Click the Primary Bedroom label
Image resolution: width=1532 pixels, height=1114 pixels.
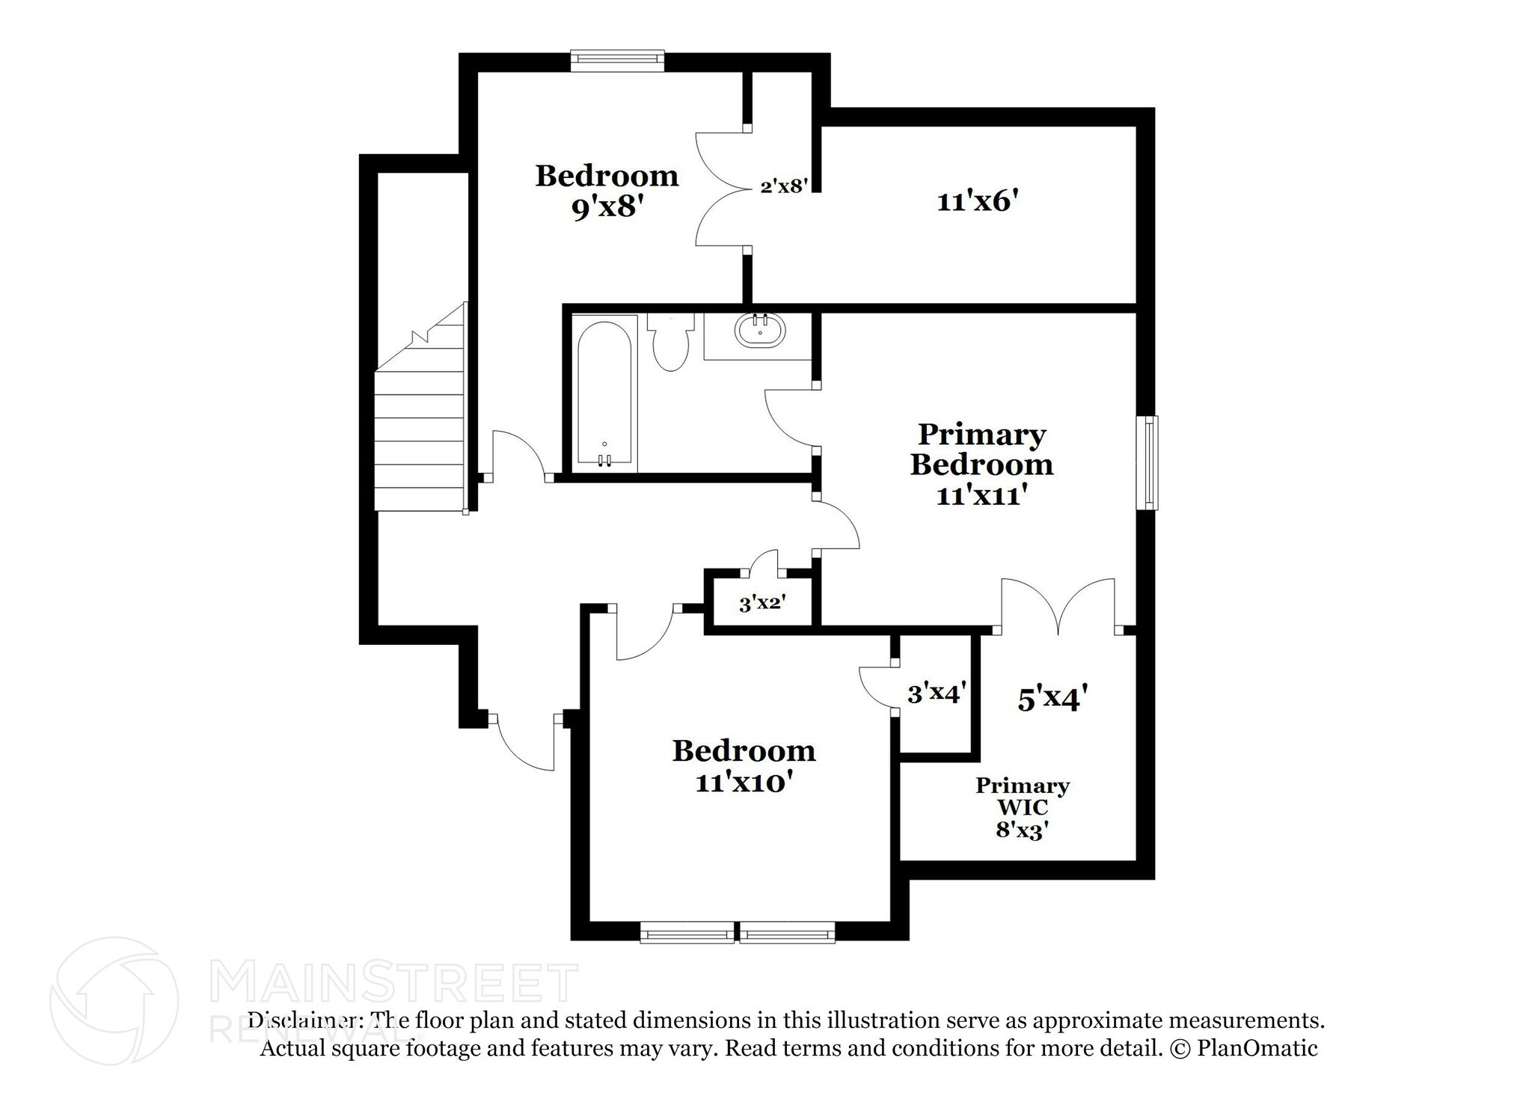coord(981,449)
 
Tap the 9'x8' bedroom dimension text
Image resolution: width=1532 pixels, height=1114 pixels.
coord(607,206)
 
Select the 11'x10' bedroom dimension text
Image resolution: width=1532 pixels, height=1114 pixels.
coord(743,783)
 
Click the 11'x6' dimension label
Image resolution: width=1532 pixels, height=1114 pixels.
coord(978,201)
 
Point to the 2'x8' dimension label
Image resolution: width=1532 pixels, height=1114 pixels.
coord(783,186)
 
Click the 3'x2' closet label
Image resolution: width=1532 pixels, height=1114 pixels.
coord(762,603)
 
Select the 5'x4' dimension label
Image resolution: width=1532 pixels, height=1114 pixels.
coord(1051,699)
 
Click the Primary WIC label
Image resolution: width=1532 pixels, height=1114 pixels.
coord(1022,796)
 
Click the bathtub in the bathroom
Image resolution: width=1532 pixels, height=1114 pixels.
coord(604,394)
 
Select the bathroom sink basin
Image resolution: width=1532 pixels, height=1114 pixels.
coord(761,330)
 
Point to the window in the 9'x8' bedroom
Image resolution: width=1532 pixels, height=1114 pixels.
coord(617,61)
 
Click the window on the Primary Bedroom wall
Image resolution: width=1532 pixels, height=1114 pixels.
coord(1148,463)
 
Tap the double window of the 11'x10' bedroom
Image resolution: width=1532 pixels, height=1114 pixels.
coord(738,932)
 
